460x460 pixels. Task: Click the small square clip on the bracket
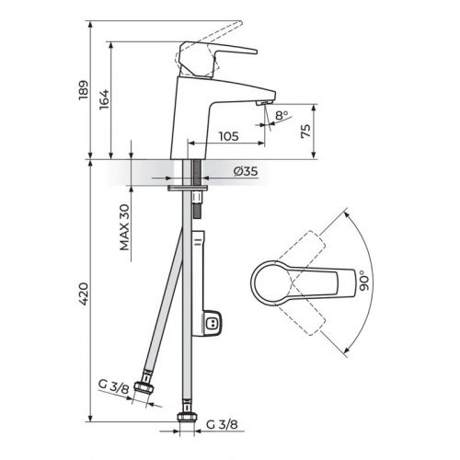(213, 323)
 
